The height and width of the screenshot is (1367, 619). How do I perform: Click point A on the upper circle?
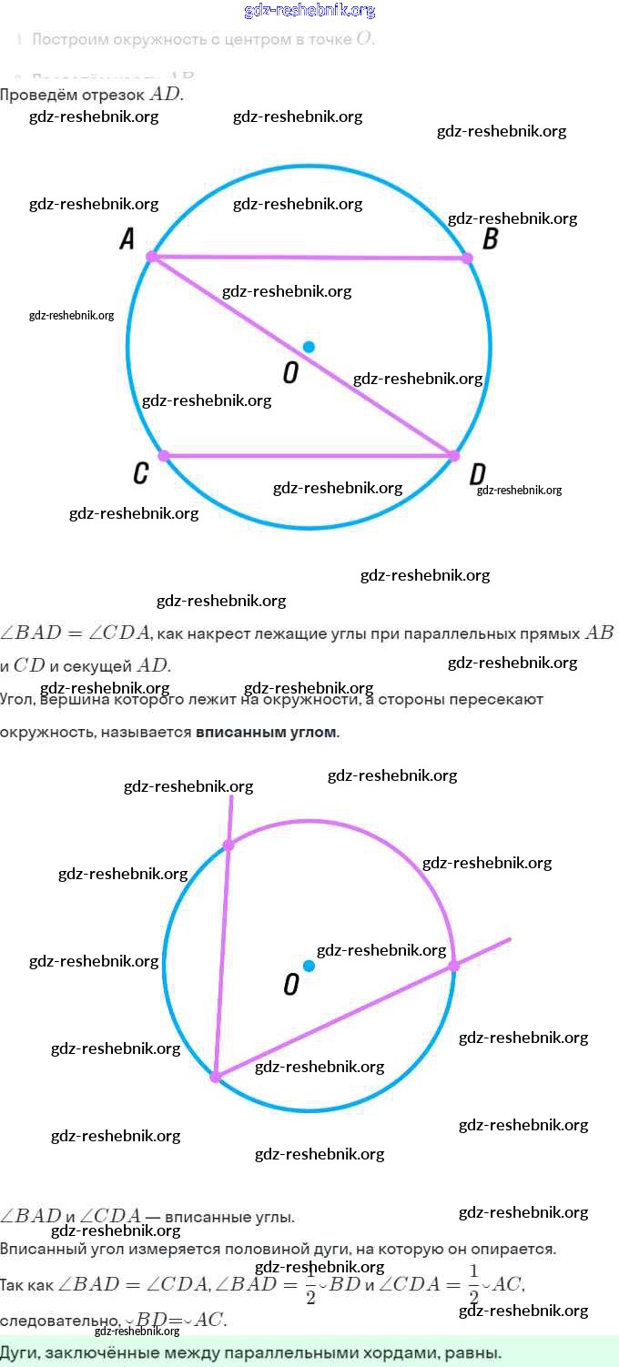coord(152,258)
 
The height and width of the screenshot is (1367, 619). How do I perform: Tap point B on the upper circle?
coord(468,258)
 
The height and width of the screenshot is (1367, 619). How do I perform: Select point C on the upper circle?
coord(164,455)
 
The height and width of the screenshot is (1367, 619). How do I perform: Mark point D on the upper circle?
coord(453,455)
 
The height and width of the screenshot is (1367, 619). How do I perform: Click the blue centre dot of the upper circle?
coord(309,347)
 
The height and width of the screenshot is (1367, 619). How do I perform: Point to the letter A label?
coord(127,239)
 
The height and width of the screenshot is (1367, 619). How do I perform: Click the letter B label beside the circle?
coord(490,239)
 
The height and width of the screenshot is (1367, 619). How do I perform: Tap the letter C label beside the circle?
coord(140,473)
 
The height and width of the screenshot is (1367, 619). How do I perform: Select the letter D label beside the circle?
coord(477,475)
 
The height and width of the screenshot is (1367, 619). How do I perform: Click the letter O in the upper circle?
coord(290,372)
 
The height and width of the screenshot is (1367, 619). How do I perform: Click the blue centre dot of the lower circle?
coord(309,966)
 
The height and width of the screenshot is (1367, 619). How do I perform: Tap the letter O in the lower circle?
coord(290,985)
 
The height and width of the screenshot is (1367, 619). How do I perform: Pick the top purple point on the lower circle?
coord(228,845)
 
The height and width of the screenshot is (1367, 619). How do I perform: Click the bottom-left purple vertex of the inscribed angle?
coord(216,1077)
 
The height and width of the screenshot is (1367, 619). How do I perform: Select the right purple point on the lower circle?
coord(453,966)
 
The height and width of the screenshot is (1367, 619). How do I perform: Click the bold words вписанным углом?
coord(266,733)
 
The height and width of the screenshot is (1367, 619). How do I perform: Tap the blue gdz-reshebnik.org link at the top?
coord(309,11)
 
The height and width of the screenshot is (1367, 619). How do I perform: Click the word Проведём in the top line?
coord(32,95)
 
